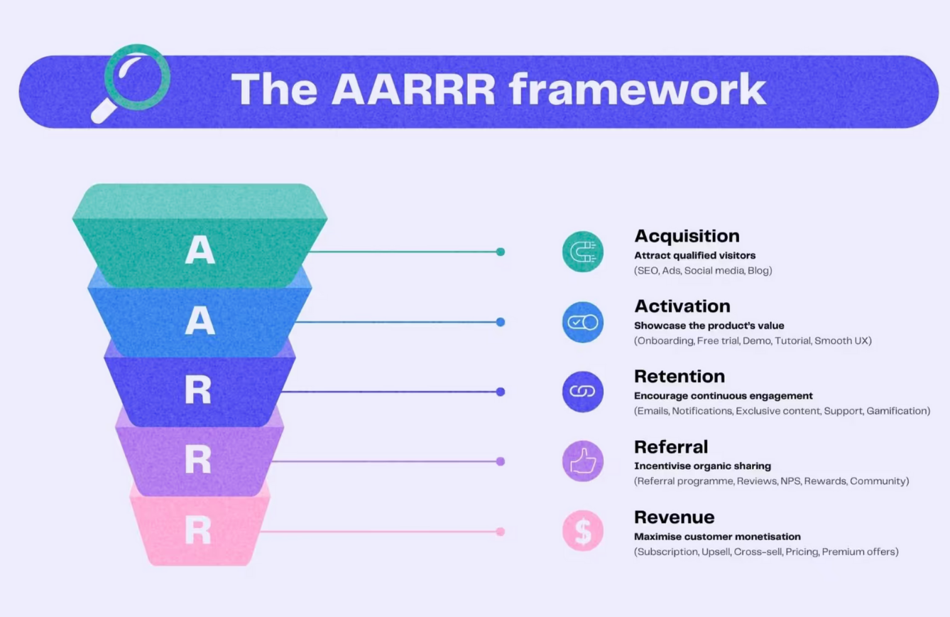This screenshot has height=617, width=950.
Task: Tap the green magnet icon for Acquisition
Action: (583, 252)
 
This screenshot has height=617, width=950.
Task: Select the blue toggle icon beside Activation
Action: (583, 322)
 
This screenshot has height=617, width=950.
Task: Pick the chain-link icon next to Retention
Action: (583, 392)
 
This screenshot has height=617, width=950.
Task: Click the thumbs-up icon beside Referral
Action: (583, 461)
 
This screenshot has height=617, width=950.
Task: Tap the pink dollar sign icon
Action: (583, 531)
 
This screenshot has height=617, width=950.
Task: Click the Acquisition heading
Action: (687, 236)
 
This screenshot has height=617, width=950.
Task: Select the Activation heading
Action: (682, 306)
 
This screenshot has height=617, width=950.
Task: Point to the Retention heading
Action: (679, 376)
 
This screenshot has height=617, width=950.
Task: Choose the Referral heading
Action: (671, 446)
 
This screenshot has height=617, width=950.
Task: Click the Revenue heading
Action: (674, 517)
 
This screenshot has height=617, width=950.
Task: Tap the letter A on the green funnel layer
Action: (200, 252)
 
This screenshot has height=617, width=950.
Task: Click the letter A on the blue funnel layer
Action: (200, 321)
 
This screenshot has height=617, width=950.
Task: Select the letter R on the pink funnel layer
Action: (198, 530)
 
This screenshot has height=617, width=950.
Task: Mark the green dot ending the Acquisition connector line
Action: (501, 252)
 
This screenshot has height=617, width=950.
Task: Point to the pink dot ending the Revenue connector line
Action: (501, 532)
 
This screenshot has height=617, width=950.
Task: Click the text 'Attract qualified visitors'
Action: (694, 255)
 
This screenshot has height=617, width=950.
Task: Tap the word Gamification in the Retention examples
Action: (897, 411)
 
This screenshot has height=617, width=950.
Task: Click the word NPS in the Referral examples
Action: (790, 481)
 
